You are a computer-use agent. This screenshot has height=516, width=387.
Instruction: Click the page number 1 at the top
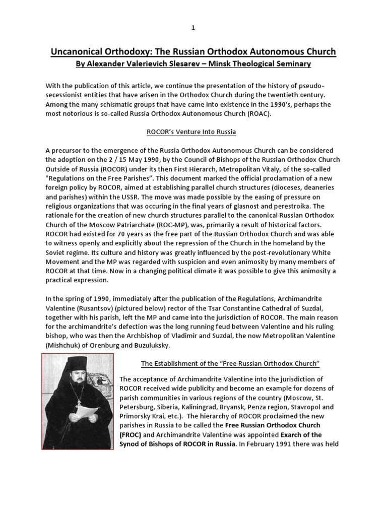pyautogui.click(x=193, y=28)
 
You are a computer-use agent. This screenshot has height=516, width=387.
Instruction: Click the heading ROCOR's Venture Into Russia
pyautogui.click(x=191, y=132)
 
